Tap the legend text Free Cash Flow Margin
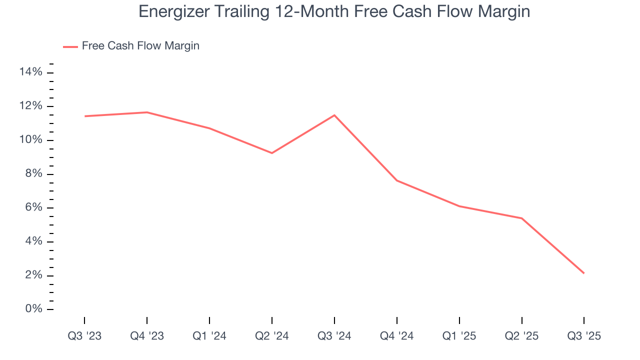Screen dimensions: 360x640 click(x=140, y=46)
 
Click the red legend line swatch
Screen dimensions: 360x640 click(x=70, y=46)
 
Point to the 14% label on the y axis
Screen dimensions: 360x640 click(x=30, y=72)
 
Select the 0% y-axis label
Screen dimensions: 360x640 click(x=33, y=309)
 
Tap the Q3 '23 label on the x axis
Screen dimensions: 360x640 click(x=84, y=336)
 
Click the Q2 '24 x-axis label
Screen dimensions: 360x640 click(x=271, y=336)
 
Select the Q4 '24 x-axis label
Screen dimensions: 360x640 click(x=396, y=336)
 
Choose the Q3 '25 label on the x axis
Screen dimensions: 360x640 click(x=583, y=336)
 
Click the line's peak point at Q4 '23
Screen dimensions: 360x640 click(x=147, y=112)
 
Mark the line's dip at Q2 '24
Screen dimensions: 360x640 click(x=271, y=153)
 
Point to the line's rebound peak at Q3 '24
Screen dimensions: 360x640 click(x=334, y=115)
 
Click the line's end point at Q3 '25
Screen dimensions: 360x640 click(x=583, y=273)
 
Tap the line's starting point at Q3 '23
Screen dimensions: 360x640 click(x=85, y=116)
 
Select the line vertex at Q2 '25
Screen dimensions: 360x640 click(x=521, y=218)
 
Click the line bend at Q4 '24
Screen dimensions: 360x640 click(x=396, y=180)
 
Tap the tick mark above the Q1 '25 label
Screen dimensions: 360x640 click(x=459, y=320)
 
